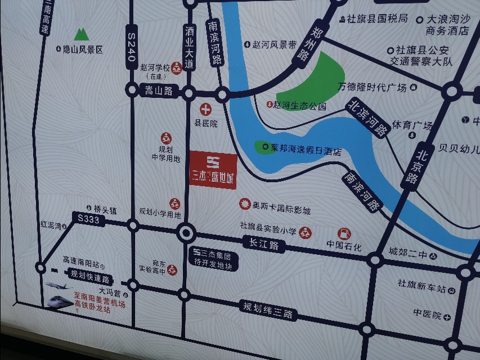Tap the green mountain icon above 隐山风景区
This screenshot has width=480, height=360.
pyautogui.click(x=82, y=34)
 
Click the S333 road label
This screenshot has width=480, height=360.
pyautogui.click(x=89, y=220)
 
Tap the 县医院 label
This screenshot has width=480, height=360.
pyautogui.click(x=206, y=123)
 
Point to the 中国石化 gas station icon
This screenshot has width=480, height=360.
pyautogui.click(x=343, y=233)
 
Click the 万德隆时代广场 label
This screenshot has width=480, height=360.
pyautogui.click(x=372, y=87)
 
